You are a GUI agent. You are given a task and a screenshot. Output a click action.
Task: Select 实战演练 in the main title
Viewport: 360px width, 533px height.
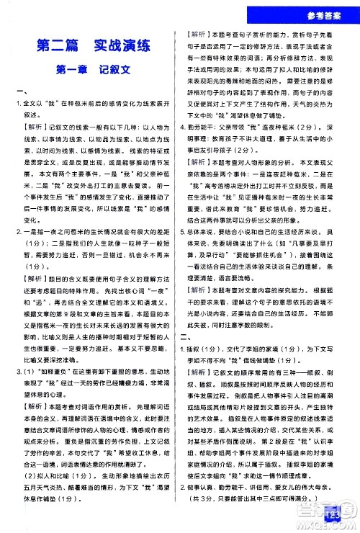122,48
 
